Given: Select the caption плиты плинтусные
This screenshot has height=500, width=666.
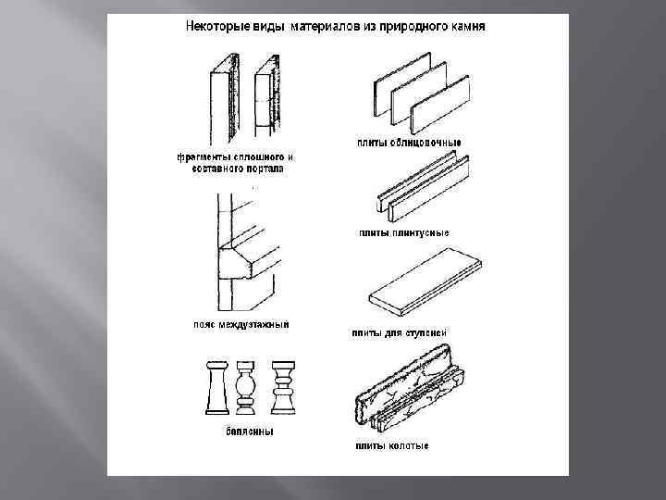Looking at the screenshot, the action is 404,231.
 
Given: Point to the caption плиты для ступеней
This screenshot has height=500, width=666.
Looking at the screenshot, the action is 401,331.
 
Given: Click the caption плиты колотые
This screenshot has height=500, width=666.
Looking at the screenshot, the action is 392,445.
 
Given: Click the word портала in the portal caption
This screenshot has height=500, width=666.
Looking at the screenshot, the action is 268,169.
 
